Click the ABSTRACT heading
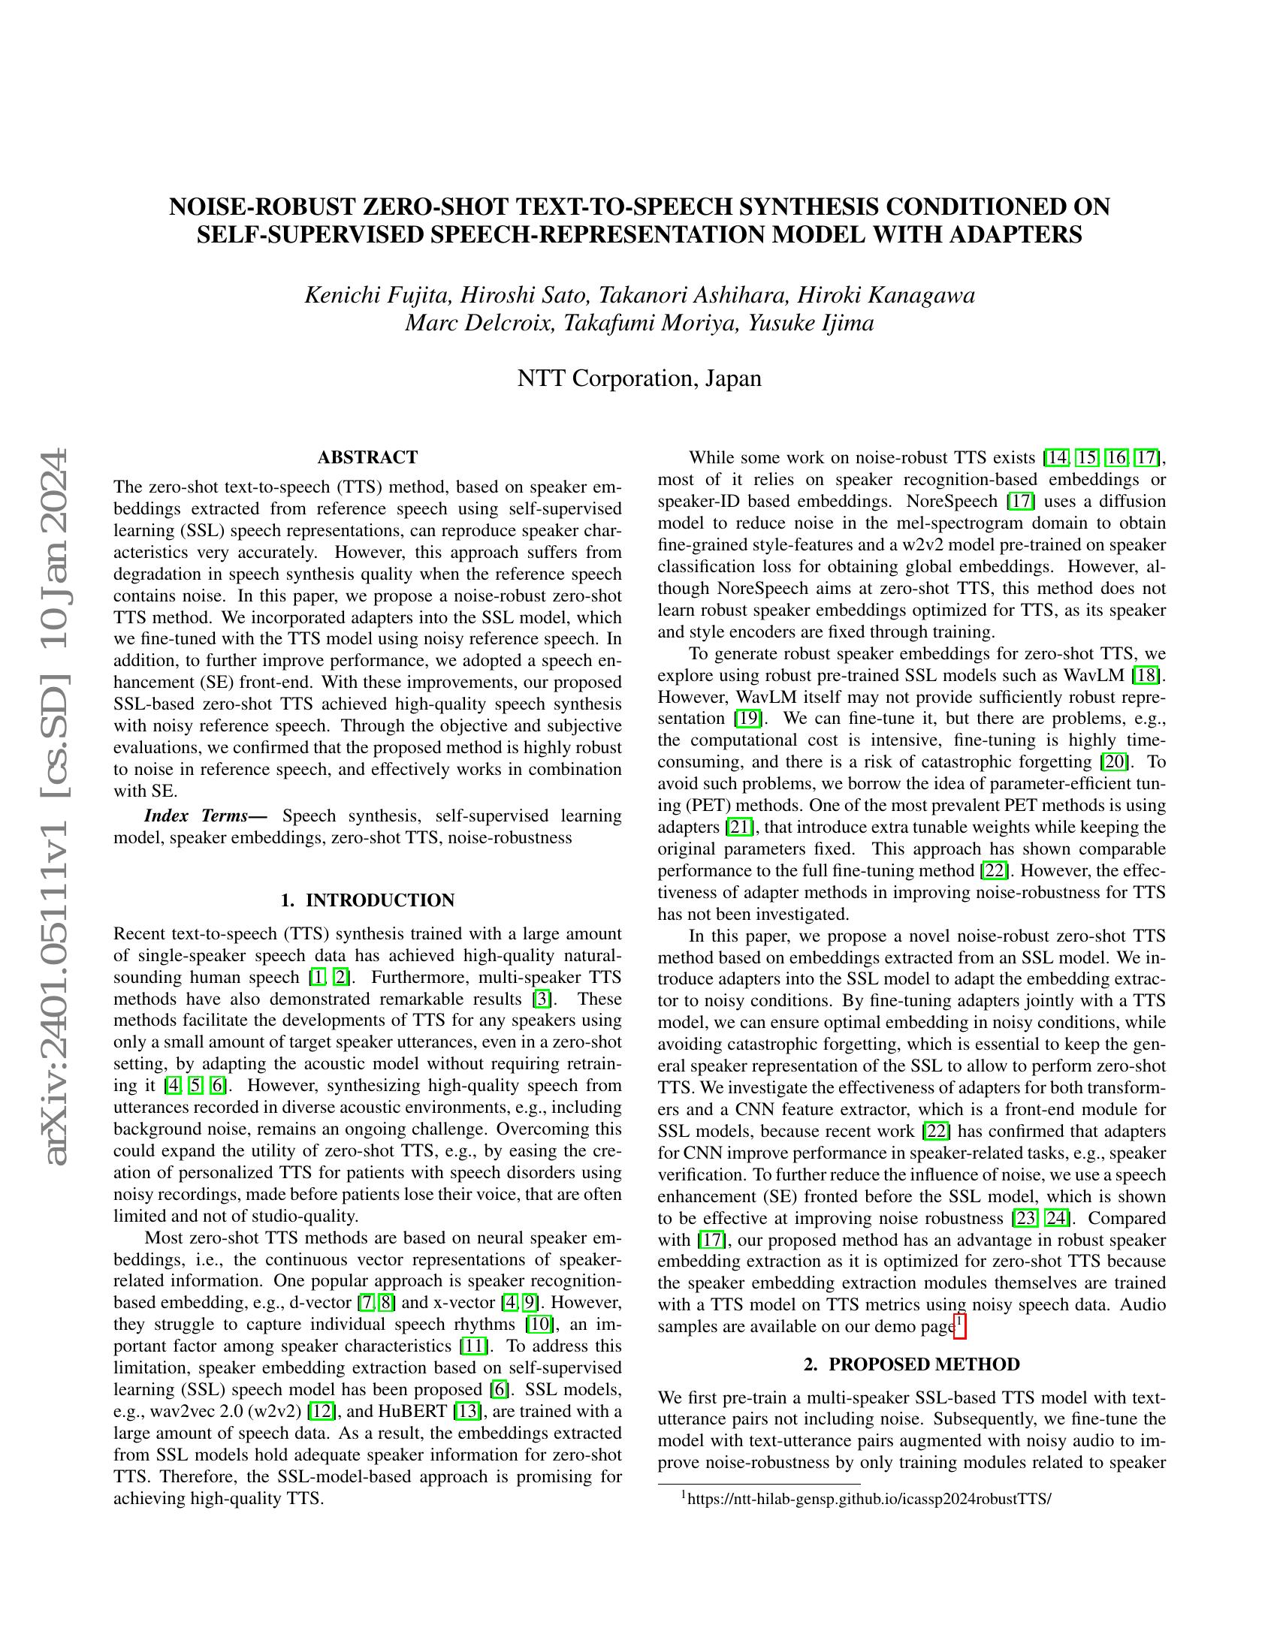[367, 457]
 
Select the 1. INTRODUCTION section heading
[367, 900]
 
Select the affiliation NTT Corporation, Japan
[638, 378]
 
